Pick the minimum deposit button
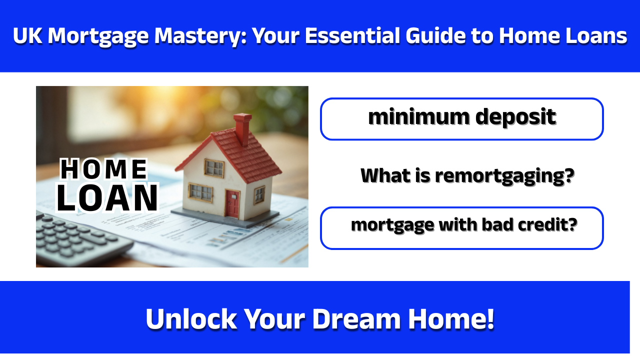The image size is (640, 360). pyautogui.click(x=461, y=118)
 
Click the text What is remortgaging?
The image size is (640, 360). pyautogui.click(x=467, y=175)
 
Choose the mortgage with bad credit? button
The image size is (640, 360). pyautogui.click(x=461, y=227)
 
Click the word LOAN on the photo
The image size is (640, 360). pyautogui.click(x=107, y=198)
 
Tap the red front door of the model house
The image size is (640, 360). pyautogui.click(x=232, y=204)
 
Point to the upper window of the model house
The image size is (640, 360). pyautogui.click(x=214, y=168)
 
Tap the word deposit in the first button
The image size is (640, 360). pyautogui.click(x=515, y=117)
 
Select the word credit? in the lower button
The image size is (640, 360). pyautogui.click(x=549, y=225)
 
